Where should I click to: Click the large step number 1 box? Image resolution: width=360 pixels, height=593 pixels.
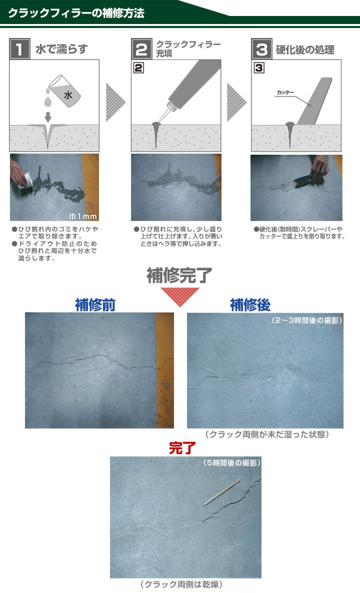click(x=19, y=49)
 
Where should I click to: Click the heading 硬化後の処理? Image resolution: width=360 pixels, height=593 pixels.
click(x=305, y=50)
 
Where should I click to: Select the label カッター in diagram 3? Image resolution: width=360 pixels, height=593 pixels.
click(x=285, y=93)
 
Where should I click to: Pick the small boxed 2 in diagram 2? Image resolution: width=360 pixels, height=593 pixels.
click(x=139, y=67)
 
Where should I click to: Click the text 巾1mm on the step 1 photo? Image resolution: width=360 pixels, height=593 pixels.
click(x=83, y=216)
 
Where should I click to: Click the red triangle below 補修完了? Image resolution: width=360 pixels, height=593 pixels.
click(x=179, y=295)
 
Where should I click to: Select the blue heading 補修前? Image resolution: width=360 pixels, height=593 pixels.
click(x=95, y=304)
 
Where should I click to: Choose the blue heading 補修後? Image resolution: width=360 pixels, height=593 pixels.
click(x=250, y=304)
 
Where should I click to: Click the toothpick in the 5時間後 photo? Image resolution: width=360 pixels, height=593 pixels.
click(x=221, y=493)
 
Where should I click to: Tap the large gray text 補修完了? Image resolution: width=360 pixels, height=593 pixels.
click(x=179, y=275)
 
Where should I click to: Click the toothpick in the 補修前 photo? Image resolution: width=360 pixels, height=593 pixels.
click(x=70, y=357)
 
